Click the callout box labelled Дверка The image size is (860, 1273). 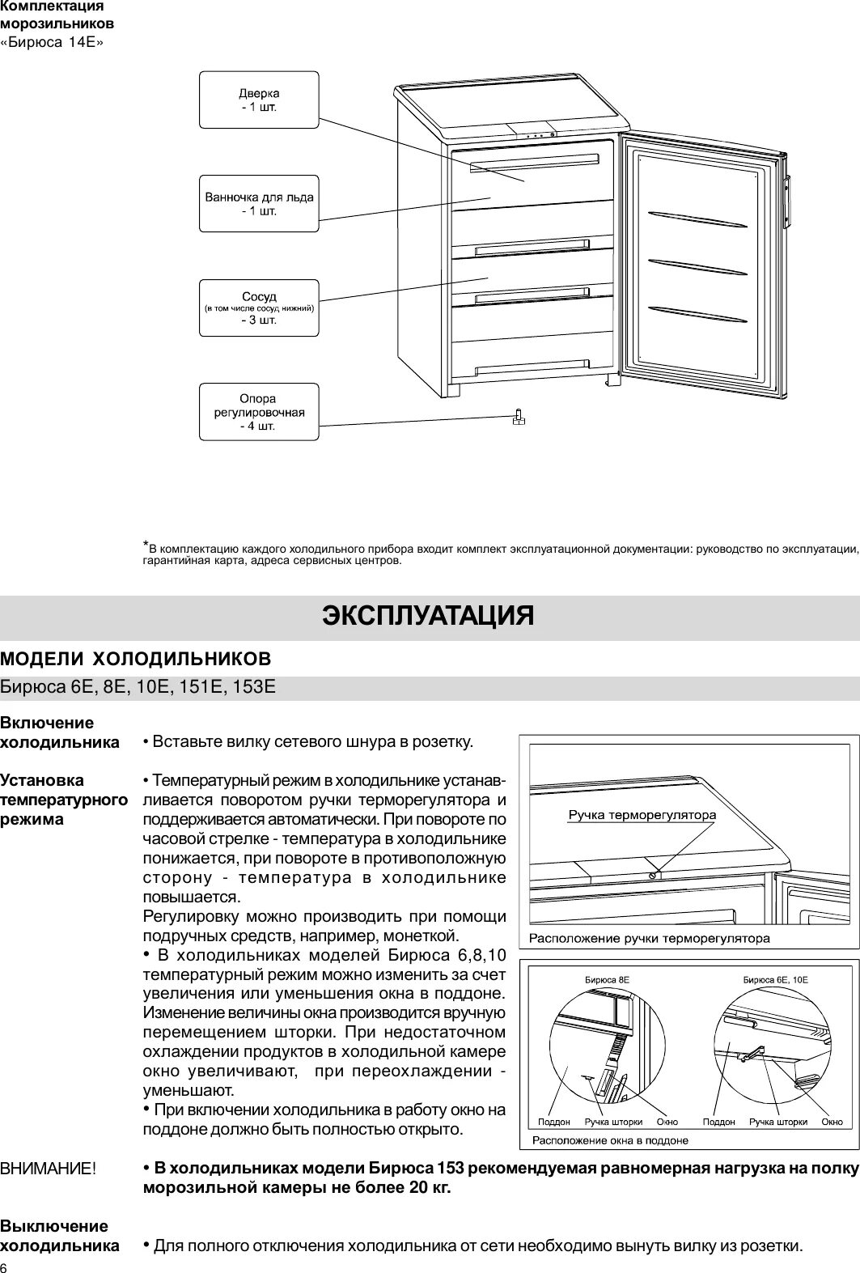click(259, 100)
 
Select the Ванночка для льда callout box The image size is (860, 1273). click(259, 203)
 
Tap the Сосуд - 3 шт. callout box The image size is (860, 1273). click(259, 308)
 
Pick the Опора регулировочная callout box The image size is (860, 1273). click(259, 411)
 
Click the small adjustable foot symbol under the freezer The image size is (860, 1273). click(519, 417)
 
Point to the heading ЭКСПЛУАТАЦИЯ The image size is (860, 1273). click(429, 616)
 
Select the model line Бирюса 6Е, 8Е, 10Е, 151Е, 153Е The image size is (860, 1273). click(138, 687)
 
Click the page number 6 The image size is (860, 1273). click(5, 1267)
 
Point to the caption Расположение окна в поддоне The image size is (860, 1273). click(610, 1140)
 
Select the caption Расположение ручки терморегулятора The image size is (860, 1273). click(649, 939)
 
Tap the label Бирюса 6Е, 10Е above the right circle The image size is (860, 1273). click(775, 979)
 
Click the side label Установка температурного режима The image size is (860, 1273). click(64, 800)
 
